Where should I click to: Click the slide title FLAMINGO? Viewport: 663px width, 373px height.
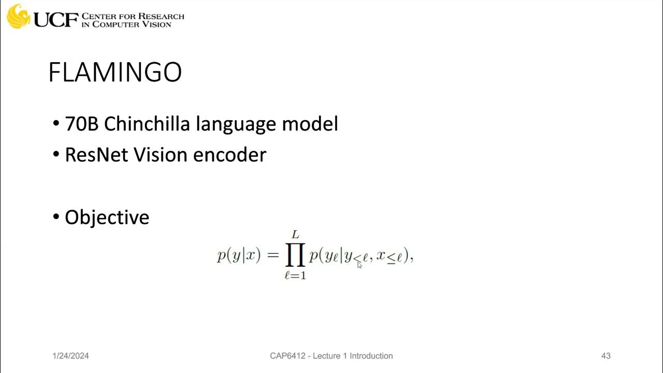[115, 73]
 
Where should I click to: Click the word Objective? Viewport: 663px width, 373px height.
[107, 217]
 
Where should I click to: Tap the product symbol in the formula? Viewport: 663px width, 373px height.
[295, 256]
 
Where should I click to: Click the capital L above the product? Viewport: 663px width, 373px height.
[295, 236]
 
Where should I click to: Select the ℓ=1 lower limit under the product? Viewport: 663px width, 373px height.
[295, 276]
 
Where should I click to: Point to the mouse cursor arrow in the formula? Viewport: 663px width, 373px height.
[359, 265]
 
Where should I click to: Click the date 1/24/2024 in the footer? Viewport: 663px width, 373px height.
[70, 356]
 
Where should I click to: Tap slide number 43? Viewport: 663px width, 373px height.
[606, 356]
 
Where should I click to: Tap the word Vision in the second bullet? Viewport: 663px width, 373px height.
[163, 155]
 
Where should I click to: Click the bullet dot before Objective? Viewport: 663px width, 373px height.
[56, 218]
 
